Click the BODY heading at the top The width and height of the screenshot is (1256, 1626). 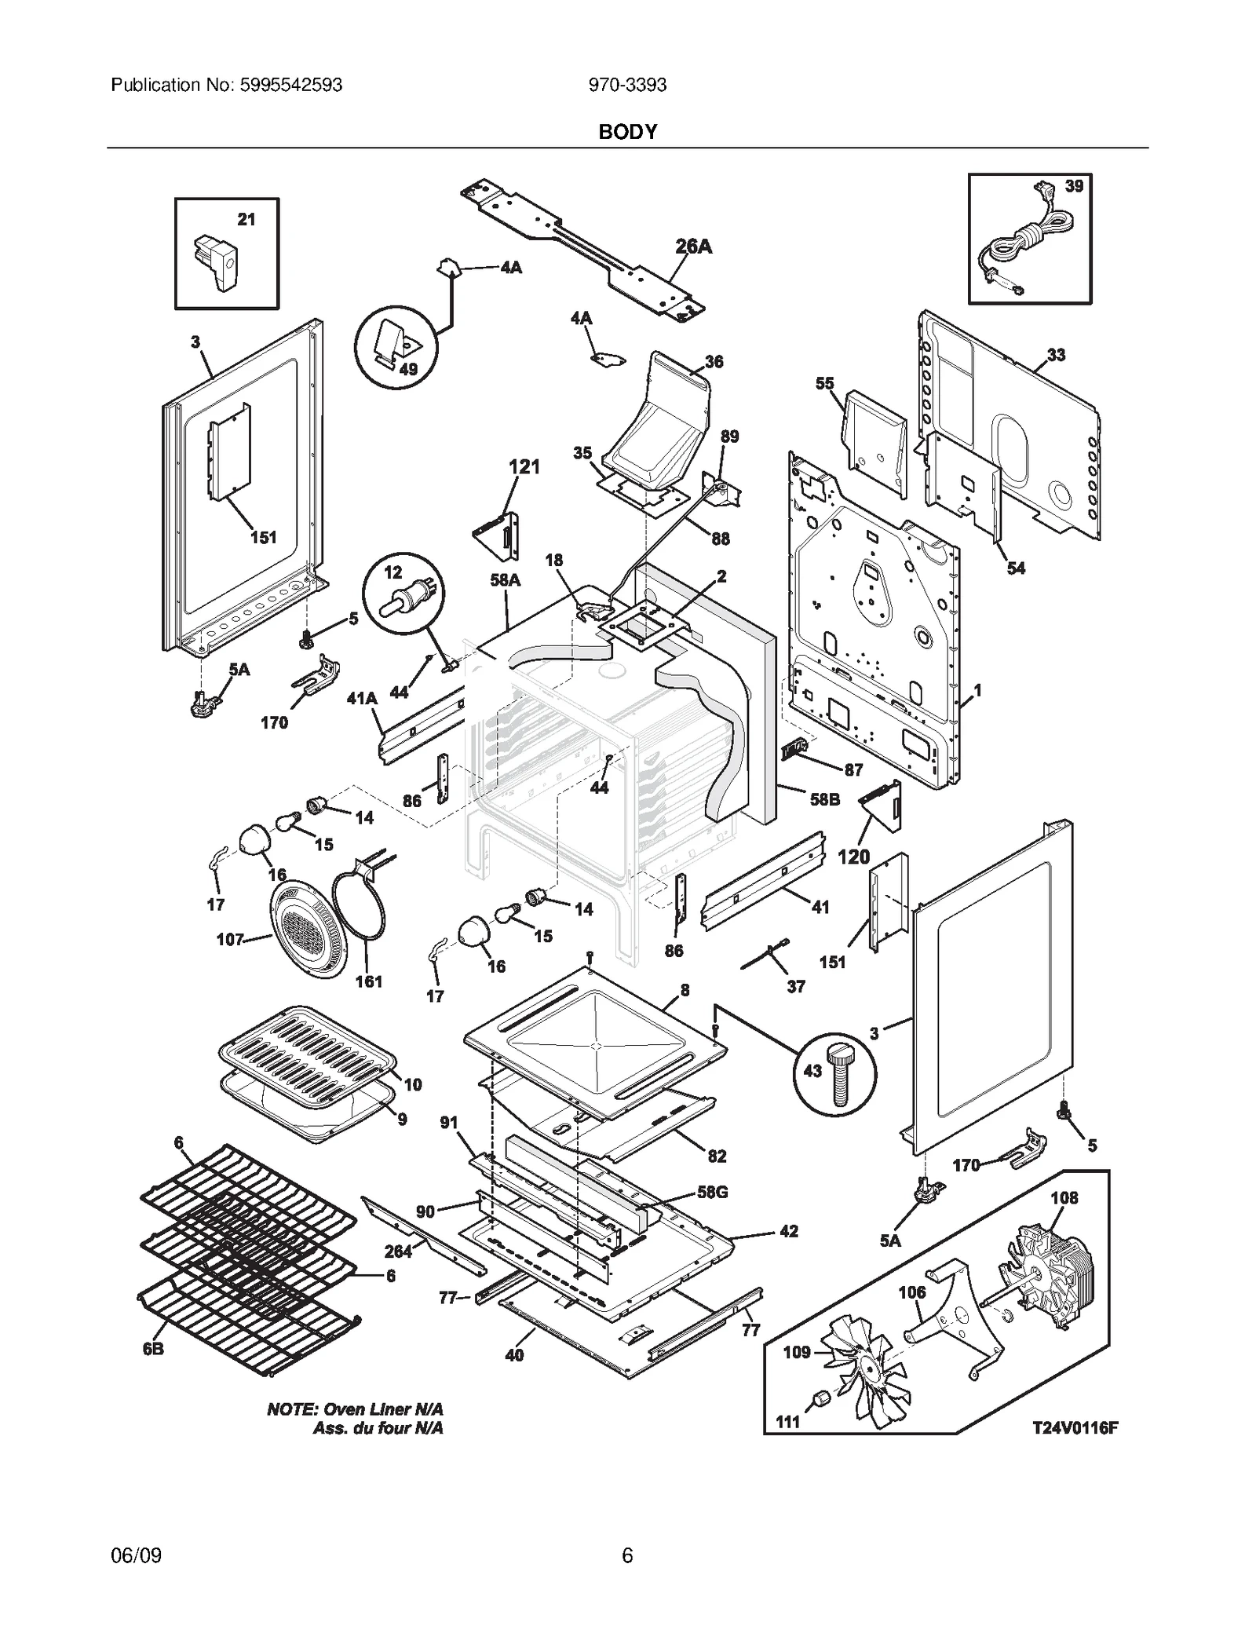[x=627, y=132]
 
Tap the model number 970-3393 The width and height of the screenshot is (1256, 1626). [x=627, y=85]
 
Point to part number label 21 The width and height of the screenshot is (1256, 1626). [x=246, y=220]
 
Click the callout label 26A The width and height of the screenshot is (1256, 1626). [x=694, y=247]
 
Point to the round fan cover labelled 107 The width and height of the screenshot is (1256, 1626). [x=307, y=930]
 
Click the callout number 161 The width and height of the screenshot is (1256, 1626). [x=368, y=981]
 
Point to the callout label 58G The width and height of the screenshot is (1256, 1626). [x=712, y=1192]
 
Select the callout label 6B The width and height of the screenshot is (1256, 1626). [x=153, y=1349]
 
